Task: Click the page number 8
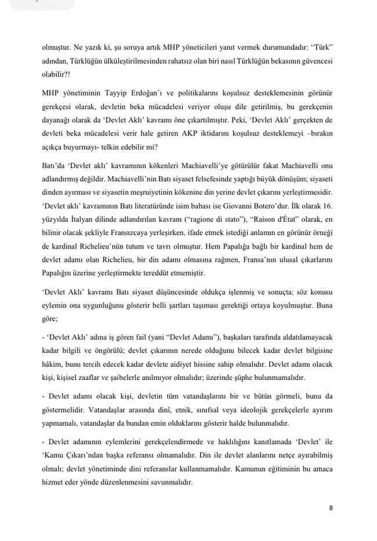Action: pos(331,508)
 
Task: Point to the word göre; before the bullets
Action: pos(50,317)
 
